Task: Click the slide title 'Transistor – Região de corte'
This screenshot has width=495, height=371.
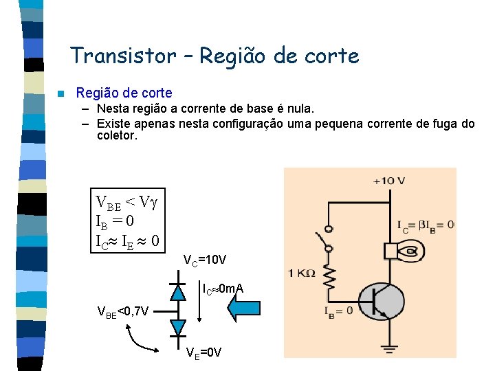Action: click(x=214, y=56)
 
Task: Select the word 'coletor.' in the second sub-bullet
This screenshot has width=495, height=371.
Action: click(x=118, y=136)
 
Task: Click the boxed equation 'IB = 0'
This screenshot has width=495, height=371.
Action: click(x=115, y=221)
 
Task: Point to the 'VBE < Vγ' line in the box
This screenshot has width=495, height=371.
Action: click(x=127, y=203)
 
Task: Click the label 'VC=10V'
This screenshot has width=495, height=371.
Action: click(x=205, y=260)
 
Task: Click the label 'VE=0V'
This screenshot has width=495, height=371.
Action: click(x=204, y=352)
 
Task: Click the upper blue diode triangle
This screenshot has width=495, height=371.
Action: click(x=178, y=293)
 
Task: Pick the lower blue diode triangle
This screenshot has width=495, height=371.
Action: click(x=178, y=326)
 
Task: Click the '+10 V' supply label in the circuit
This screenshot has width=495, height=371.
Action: click(x=389, y=181)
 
